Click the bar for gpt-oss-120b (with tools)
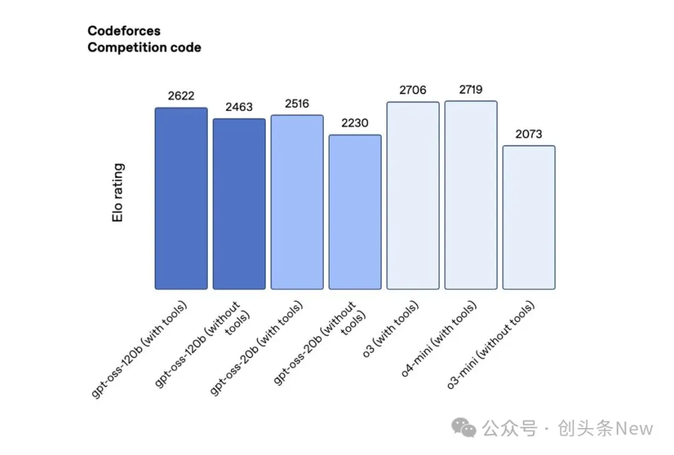point(181,198)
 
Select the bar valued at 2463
point(239,204)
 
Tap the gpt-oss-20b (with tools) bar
point(297,202)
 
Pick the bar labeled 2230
point(355,212)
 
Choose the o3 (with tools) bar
point(413,195)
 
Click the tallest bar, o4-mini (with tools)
point(471,195)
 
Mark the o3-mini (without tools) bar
point(529,217)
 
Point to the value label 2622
point(181,96)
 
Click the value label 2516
point(297,104)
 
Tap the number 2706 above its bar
point(413,91)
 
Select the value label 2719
point(471,90)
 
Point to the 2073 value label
point(529,134)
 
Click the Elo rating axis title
point(119,193)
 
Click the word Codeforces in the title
point(124,31)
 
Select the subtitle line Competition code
point(144,47)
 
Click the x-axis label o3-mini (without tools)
point(491,346)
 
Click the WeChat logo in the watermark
point(464,428)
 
